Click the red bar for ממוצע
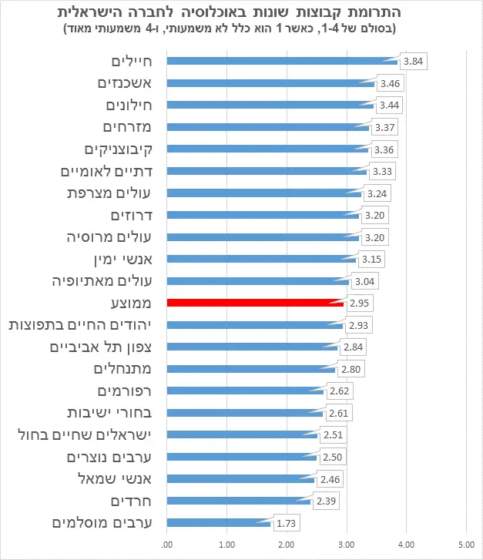pyautogui.click(x=255, y=303)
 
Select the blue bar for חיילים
pyautogui.click(x=282, y=61)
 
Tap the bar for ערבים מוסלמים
pyautogui.click(x=219, y=523)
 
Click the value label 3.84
pyautogui.click(x=414, y=62)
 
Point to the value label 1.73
pyautogui.click(x=286, y=523)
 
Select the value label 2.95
pyautogui.click(x=359, y=303)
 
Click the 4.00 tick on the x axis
pyautogui.click(x=406, y=545)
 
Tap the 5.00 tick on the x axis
pyautogui.click(x=466, y=545)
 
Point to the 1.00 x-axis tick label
pyautogui.click(x=226, y=545)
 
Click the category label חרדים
pyautogui.click(x=131, y=501)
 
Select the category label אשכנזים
pyautogui.click(x=125, y=83)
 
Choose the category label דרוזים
pyautogui.click(x=132, y=216)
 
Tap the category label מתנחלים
pyautogui.click(x=122, y=369)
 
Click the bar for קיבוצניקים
pyautogui.click(x=267, y=149)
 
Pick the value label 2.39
pyautogui.click(x=326, y=501)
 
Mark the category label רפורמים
pyautogui.click(x=125, y=391)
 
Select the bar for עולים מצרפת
pyautogui.click(x=264, y=193)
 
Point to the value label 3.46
pyautogui.click(x=390, y=83)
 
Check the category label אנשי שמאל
pyautogui.click(x=115, y=479)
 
